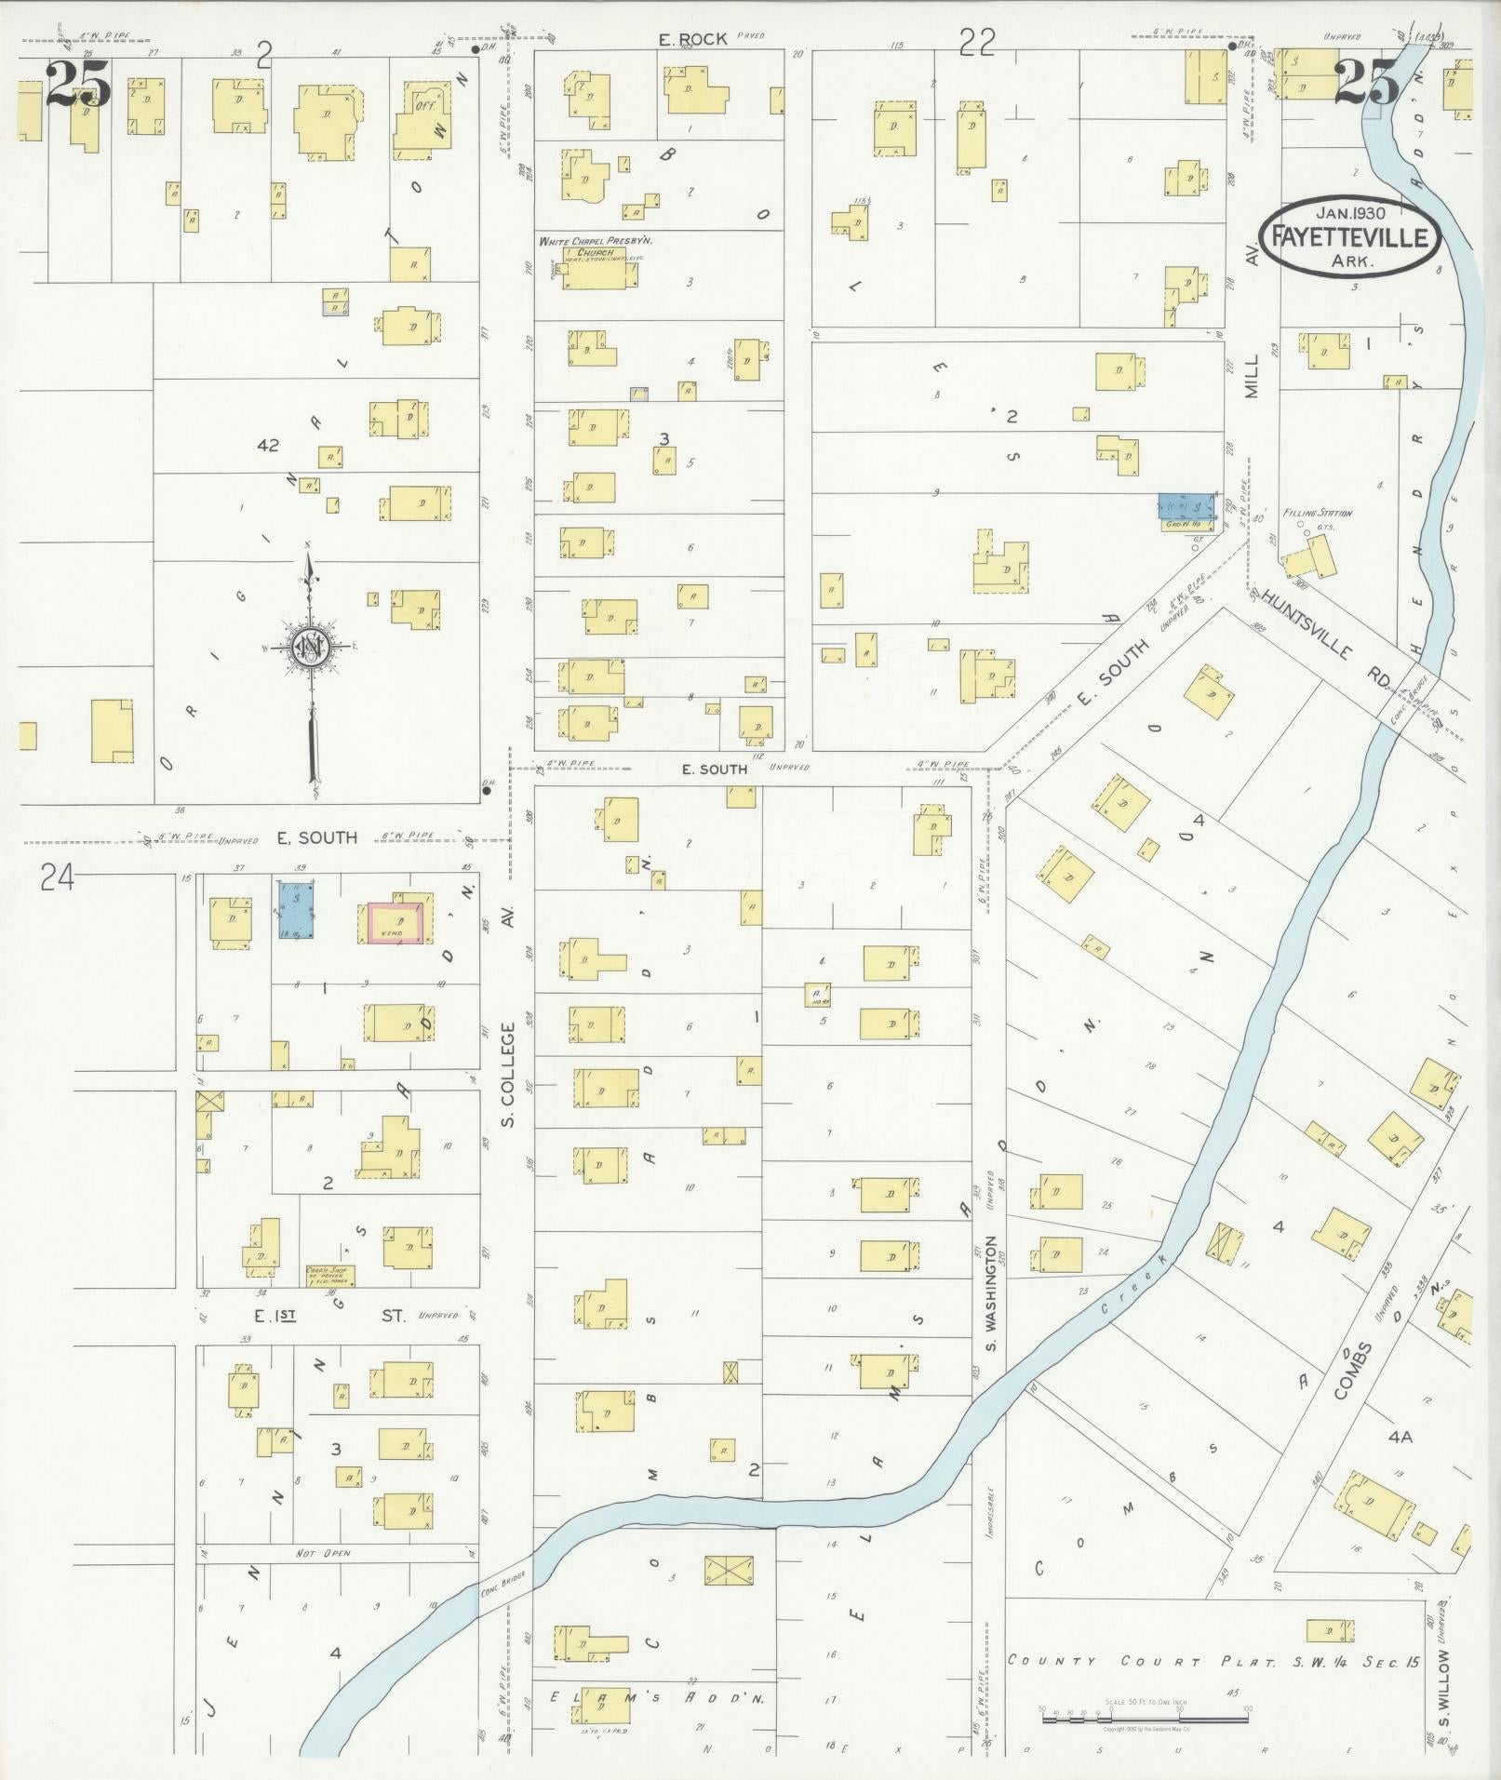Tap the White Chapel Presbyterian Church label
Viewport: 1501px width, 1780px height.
(x=596, y=247)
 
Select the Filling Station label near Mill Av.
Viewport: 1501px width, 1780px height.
(x=1317, y=513)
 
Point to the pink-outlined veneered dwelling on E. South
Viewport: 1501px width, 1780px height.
(x=397, y=923)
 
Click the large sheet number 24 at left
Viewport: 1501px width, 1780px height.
(x=56, y=877)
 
